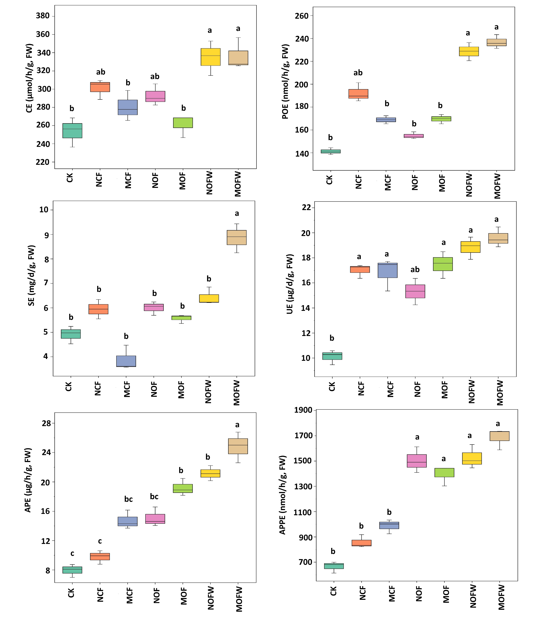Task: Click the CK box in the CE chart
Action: point(72,131)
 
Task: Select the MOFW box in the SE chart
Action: point(237,237)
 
